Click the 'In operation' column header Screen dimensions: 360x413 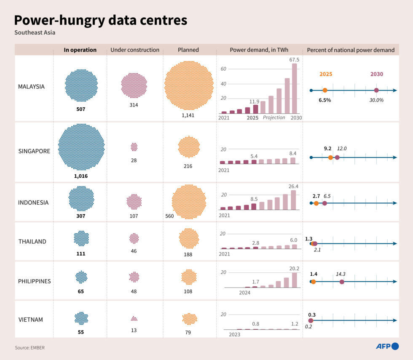point(80,50)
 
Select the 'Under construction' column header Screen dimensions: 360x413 point(134,50)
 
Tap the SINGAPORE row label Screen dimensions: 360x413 point(34,151)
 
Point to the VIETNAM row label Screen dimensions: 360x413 point(30,320)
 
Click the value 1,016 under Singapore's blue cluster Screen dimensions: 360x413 point(80,176)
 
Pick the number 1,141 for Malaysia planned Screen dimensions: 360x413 point(188,115)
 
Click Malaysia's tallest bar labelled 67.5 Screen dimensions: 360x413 point(294,88)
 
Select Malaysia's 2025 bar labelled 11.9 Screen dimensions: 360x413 point(255,109)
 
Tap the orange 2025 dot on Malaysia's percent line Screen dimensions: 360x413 point(325,90)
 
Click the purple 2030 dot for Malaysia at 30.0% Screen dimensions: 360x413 point(376,90)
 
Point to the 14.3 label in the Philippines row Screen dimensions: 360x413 point(341,274)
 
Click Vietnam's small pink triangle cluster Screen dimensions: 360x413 point(134,319)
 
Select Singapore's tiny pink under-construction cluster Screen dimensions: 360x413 point(134,147)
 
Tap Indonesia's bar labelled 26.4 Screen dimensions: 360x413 point(293,200)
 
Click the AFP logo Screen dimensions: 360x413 point(387,346)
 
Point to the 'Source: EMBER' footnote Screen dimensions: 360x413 point(29,348)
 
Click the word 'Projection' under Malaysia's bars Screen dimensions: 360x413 point(274,117)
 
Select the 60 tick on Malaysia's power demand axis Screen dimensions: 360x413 point(224,69)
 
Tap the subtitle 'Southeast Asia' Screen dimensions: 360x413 point(35,32)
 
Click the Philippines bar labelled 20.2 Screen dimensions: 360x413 point(294,280)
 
